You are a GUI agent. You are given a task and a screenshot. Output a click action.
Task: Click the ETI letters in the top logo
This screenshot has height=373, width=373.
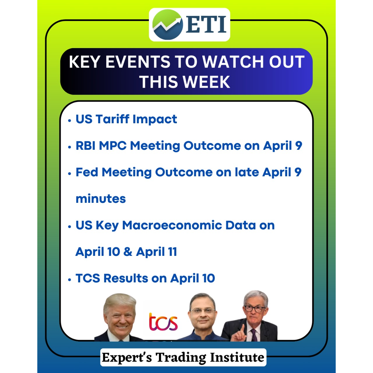206,24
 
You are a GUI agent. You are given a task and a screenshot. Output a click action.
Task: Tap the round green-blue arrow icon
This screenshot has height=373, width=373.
168,24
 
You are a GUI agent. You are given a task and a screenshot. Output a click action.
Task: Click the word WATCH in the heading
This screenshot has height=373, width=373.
233,62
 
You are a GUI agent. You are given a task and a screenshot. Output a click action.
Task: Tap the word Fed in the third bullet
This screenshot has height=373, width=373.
87,172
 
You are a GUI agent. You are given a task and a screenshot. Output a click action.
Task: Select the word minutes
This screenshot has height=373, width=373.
101,199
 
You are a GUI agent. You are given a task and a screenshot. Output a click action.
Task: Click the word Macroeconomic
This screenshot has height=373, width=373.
172,225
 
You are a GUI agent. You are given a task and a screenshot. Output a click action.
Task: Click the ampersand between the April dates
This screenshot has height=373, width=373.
128,252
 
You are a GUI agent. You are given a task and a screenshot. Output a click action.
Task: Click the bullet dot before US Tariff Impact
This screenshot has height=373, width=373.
70,121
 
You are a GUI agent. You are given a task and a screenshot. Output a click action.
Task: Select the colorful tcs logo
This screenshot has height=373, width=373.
163,322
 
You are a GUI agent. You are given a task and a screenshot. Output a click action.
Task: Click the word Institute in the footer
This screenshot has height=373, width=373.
237,357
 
